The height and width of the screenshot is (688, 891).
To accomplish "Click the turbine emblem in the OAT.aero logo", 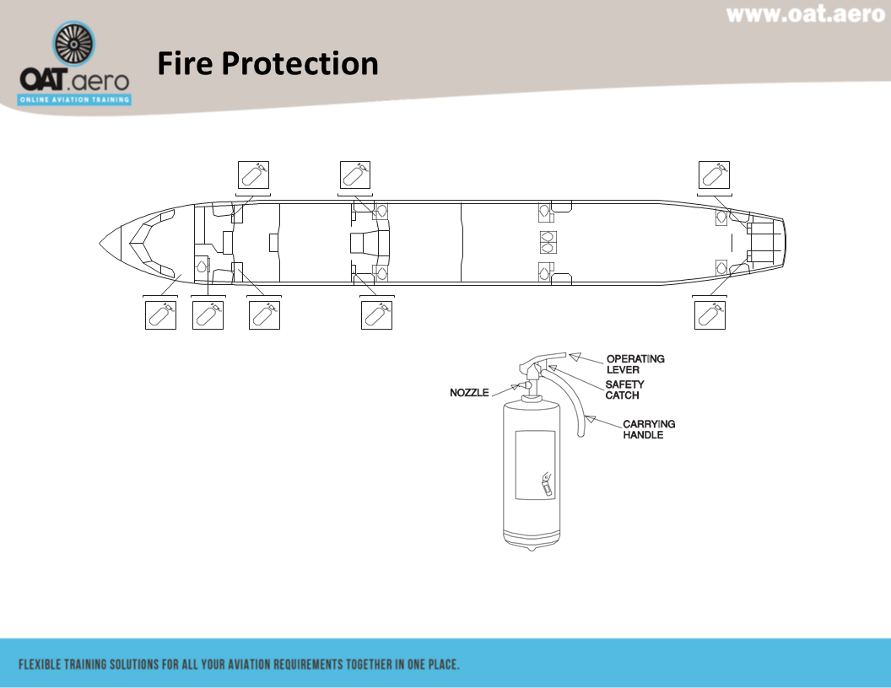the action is pyautogui.click(x=74, y=46).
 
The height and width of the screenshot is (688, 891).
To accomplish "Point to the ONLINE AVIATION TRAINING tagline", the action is pyautogui.click(x=75, y=99).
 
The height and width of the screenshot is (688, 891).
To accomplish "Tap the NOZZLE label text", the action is pyautogui.click(x=469, y=393).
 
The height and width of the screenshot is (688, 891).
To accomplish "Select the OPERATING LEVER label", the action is pyautogui.click(x=635, y=364).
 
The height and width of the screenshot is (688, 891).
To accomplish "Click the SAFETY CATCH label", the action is pyautogui.click(x=624, y=390).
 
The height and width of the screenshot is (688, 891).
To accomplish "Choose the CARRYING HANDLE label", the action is pyautogui.click(x=649, y=429).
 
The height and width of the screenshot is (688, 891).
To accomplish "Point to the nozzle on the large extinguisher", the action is pyautogui.click(x=525, y=385).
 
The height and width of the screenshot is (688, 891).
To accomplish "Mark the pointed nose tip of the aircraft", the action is pyautogui.click(x=101, y=242).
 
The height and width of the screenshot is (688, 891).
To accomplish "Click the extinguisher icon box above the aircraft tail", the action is pyautogui.click(x=715, y=175).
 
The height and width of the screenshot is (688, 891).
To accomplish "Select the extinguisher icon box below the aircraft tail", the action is pyautogui.click(x=710, y=314).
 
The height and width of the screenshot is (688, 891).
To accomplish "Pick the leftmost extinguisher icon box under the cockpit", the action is pyautogui.click(x=160, y=314).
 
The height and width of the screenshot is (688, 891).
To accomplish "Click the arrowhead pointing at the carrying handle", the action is pyautogui.click(x=591, y=418).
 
